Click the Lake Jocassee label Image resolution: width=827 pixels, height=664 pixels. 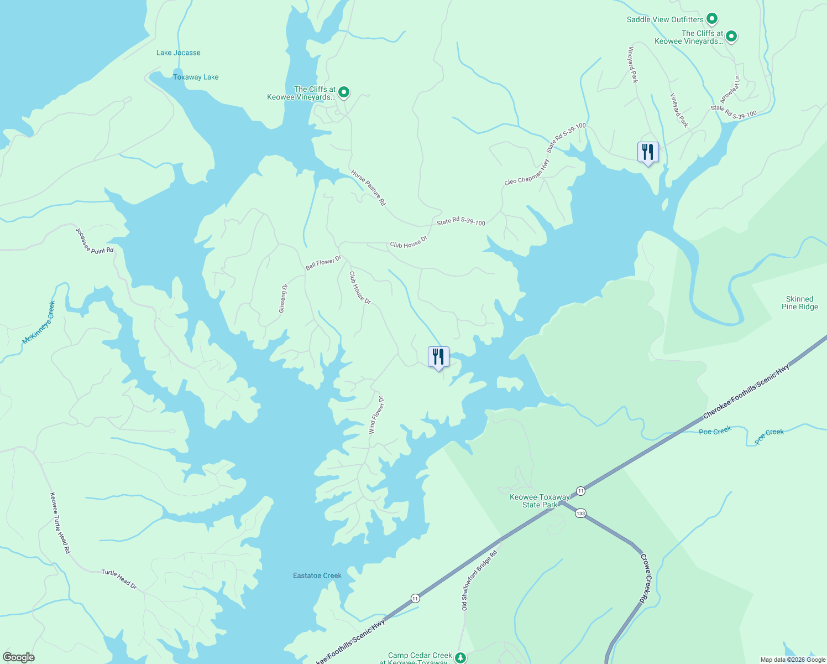coord(178,53)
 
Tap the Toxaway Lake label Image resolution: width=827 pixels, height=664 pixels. coord(196,77)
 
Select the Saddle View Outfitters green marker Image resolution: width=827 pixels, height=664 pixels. coord(712,19)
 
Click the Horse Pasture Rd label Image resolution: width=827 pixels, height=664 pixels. coord(368,188)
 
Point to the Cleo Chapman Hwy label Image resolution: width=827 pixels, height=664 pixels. coord(527,173)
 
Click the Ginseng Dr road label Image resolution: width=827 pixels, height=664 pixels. coord(283,299)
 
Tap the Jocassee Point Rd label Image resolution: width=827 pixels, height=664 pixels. coord(95,241)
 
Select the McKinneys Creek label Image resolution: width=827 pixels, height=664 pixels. coord(39,323)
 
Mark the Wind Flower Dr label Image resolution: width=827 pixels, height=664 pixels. coord(376,414)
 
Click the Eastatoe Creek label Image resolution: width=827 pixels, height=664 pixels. coord(317,575)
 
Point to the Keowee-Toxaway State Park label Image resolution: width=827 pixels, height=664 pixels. coord(540,501)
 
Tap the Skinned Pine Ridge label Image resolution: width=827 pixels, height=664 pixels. coord(799,303)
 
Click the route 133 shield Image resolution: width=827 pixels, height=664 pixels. coord(580,513)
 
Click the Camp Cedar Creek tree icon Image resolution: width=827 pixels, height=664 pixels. coord(460,657)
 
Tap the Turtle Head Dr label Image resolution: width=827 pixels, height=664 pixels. coord(119,579)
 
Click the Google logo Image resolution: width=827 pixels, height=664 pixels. coord(18,657)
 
